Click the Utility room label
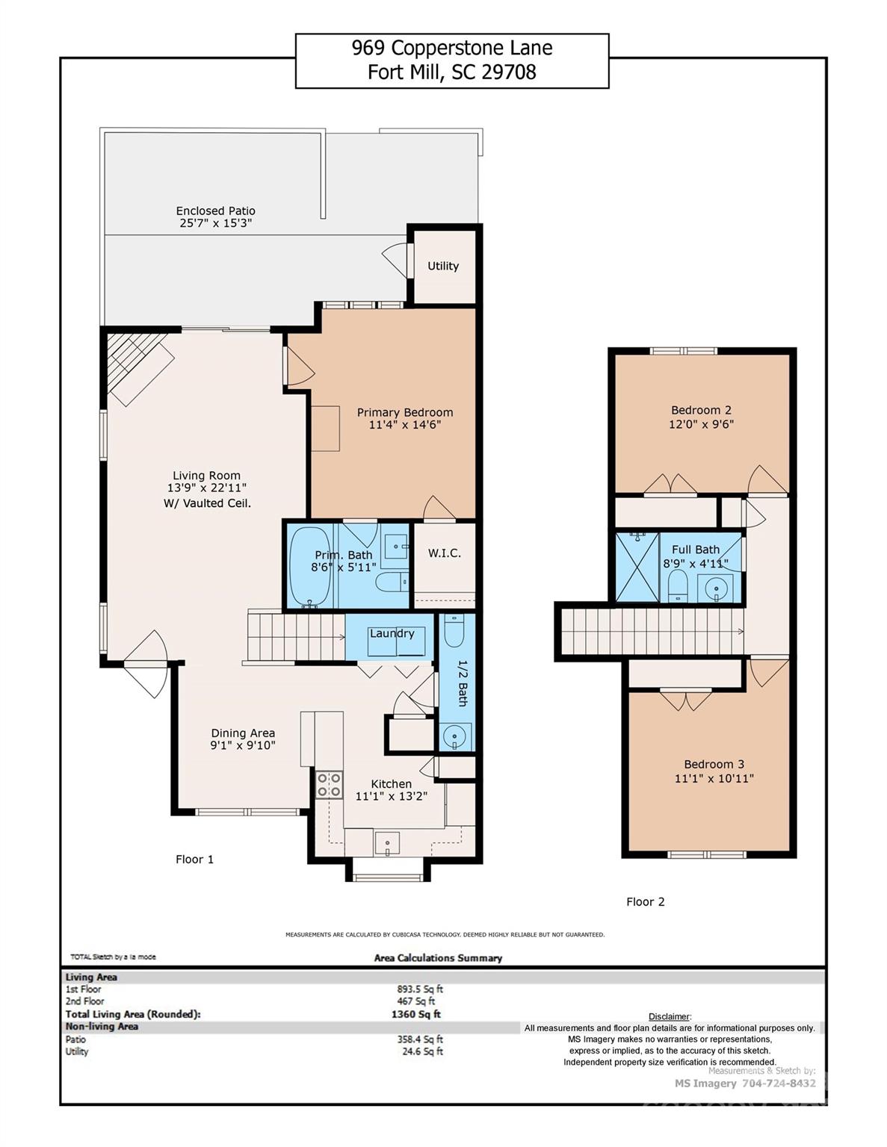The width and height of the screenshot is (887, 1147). click(x=442, y=266)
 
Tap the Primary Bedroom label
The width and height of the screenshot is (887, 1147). click(x=404, y=412)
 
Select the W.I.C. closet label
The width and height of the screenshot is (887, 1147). click(x=444, y=553)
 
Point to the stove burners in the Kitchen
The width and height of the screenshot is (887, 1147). click(x=329, y=785)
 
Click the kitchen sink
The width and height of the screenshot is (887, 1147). click(x=387, y=843)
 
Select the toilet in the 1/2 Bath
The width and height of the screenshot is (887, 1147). click(x=454, y=631)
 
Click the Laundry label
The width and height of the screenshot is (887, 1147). click(x=392, y=633)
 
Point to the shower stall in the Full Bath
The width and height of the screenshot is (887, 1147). click(x=637, y=568)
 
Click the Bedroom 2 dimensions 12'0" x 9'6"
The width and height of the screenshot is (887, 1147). click(x=701, y=424)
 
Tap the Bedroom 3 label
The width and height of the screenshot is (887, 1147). click(x=714, y=764)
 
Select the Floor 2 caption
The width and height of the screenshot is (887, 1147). click(x=645, y=901)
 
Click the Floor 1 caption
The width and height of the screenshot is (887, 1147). click(x=194, y=859)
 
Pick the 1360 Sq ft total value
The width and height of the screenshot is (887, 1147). click(x=415, y=1014)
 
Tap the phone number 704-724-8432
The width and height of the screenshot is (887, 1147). click(x=779, y=1083)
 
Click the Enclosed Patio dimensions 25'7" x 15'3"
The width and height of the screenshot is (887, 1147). click(x=215, y=223)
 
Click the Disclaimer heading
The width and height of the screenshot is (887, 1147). click(x=670, y=1016)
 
